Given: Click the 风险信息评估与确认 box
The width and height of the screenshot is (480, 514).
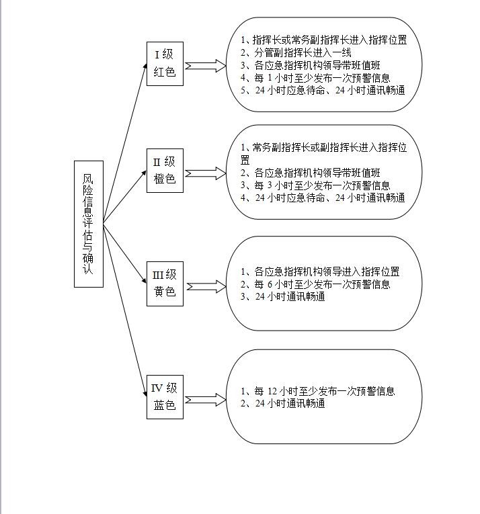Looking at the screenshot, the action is [x=89, y=224].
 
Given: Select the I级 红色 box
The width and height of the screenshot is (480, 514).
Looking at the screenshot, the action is [x=165, y=64].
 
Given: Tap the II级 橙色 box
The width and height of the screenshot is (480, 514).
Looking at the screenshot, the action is [x=165, y=171].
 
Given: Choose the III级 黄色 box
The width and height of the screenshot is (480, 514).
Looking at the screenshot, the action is [x=165, y=284].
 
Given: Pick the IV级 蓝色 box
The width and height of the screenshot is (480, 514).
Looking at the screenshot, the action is [x=165, y=397].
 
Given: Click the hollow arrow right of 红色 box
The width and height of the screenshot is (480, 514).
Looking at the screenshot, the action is [x=206, y=66].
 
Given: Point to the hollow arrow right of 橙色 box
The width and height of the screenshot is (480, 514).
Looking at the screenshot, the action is [x=206, y=173].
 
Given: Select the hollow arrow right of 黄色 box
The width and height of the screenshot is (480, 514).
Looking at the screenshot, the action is [x=206, y=286].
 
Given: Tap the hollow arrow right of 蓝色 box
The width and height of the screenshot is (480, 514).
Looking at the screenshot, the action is [x=206, y=400].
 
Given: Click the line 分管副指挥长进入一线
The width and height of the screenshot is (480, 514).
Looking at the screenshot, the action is [x=296, y=52].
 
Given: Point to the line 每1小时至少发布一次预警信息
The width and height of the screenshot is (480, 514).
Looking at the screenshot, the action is [x=315, y=78].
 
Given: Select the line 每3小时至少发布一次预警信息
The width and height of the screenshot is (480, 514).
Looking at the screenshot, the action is [x=315, y=185].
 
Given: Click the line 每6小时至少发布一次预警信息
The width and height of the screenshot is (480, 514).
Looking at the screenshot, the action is [x=315, y=284].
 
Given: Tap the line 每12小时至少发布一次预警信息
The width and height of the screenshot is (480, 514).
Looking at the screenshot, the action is [x=317, y=391].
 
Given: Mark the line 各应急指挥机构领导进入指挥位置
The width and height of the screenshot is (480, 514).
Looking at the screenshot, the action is [x=320, y=271].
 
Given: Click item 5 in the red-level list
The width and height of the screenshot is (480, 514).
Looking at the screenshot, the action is [x=323, y=91].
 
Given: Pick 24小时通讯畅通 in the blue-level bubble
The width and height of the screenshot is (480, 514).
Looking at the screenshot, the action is [x=283, y=404].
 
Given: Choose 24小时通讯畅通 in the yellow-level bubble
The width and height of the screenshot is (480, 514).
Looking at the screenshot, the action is [x=283, y=297].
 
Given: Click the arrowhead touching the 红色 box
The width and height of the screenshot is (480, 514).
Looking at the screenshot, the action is [x=145, y=67].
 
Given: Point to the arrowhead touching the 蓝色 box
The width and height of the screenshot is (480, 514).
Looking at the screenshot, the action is [x=145, y=393].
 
